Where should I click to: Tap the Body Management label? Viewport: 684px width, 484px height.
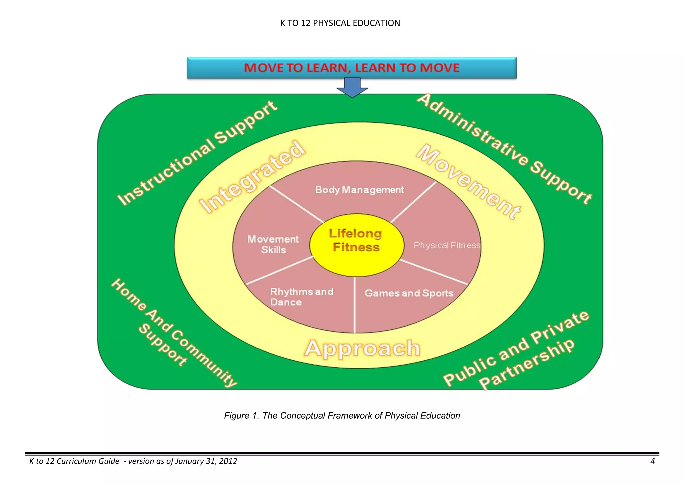click(x=359, y=190)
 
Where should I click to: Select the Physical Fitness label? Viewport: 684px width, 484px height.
click(x=447, y=245)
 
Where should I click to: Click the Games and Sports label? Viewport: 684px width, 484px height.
click(x=409, y=293)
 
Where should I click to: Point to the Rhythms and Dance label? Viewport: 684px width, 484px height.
click(x=301, y=297)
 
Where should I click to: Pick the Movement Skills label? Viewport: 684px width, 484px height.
click(x=273, y=244)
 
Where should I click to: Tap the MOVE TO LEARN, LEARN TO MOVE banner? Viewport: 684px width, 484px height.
click(x=352, y=68)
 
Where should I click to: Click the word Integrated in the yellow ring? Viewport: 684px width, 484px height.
click(x=252, y=177)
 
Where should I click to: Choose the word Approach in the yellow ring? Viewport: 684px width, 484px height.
click(x=362, y=348)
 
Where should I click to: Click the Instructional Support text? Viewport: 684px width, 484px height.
click(x=197, y=153)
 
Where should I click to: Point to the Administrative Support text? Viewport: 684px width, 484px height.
click(x=504, y=149)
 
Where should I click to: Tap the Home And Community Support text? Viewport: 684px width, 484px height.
click(x=170, y=334)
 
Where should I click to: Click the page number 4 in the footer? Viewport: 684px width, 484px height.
click(x=652, y=461)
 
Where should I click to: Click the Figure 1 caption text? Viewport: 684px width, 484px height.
click(x=342, y=416)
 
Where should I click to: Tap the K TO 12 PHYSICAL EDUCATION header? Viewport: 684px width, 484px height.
click(x=340, y=23)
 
